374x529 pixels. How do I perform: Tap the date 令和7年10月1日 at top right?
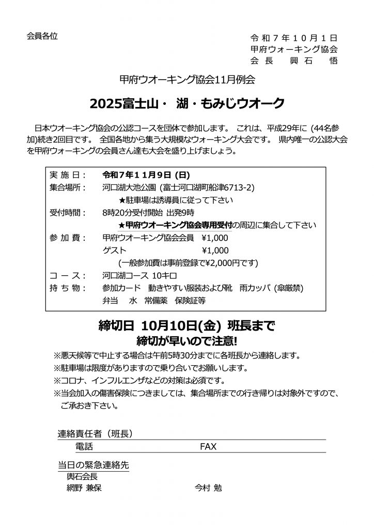(x=293, y=38)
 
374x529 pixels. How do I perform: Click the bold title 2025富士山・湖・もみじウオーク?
(x=187, y=103)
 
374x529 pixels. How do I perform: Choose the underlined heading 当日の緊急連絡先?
(x=93, y=464)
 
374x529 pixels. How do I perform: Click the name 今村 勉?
(x=208, y=487)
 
